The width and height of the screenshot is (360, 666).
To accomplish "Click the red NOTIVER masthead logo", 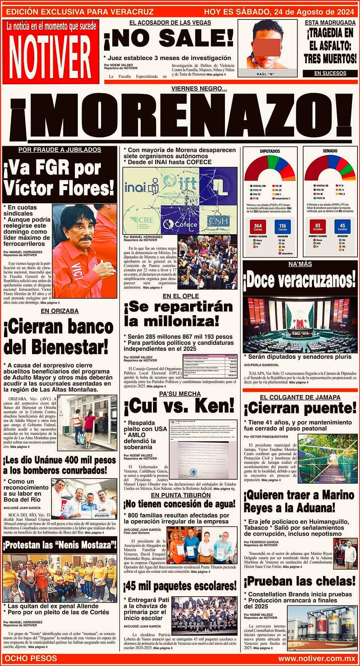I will (x=50, y=52).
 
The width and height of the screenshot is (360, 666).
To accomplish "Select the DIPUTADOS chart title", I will (x=270, y=151).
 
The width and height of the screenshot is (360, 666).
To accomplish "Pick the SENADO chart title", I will (x=330, y=151).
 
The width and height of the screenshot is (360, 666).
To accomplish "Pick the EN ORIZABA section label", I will (x=59, y=311).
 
